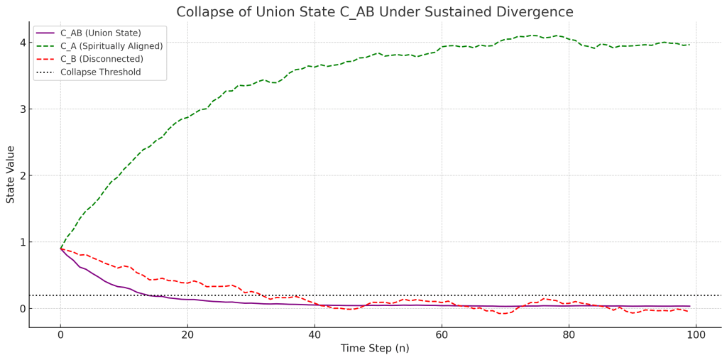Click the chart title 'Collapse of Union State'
374,12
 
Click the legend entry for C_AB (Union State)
100,33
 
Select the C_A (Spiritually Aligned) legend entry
111,46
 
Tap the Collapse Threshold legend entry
100,72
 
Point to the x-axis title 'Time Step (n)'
374,349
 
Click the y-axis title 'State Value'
11,175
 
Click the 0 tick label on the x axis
60,334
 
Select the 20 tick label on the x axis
187,334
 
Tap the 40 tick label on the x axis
315,334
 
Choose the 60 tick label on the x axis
442,334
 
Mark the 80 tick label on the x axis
569,334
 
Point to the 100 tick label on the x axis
696,334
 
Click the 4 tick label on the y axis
23,43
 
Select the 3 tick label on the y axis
23,109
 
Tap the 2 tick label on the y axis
23,175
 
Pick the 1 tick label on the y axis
23,242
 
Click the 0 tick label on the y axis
23,309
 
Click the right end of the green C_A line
689,45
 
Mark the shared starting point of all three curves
60,249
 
